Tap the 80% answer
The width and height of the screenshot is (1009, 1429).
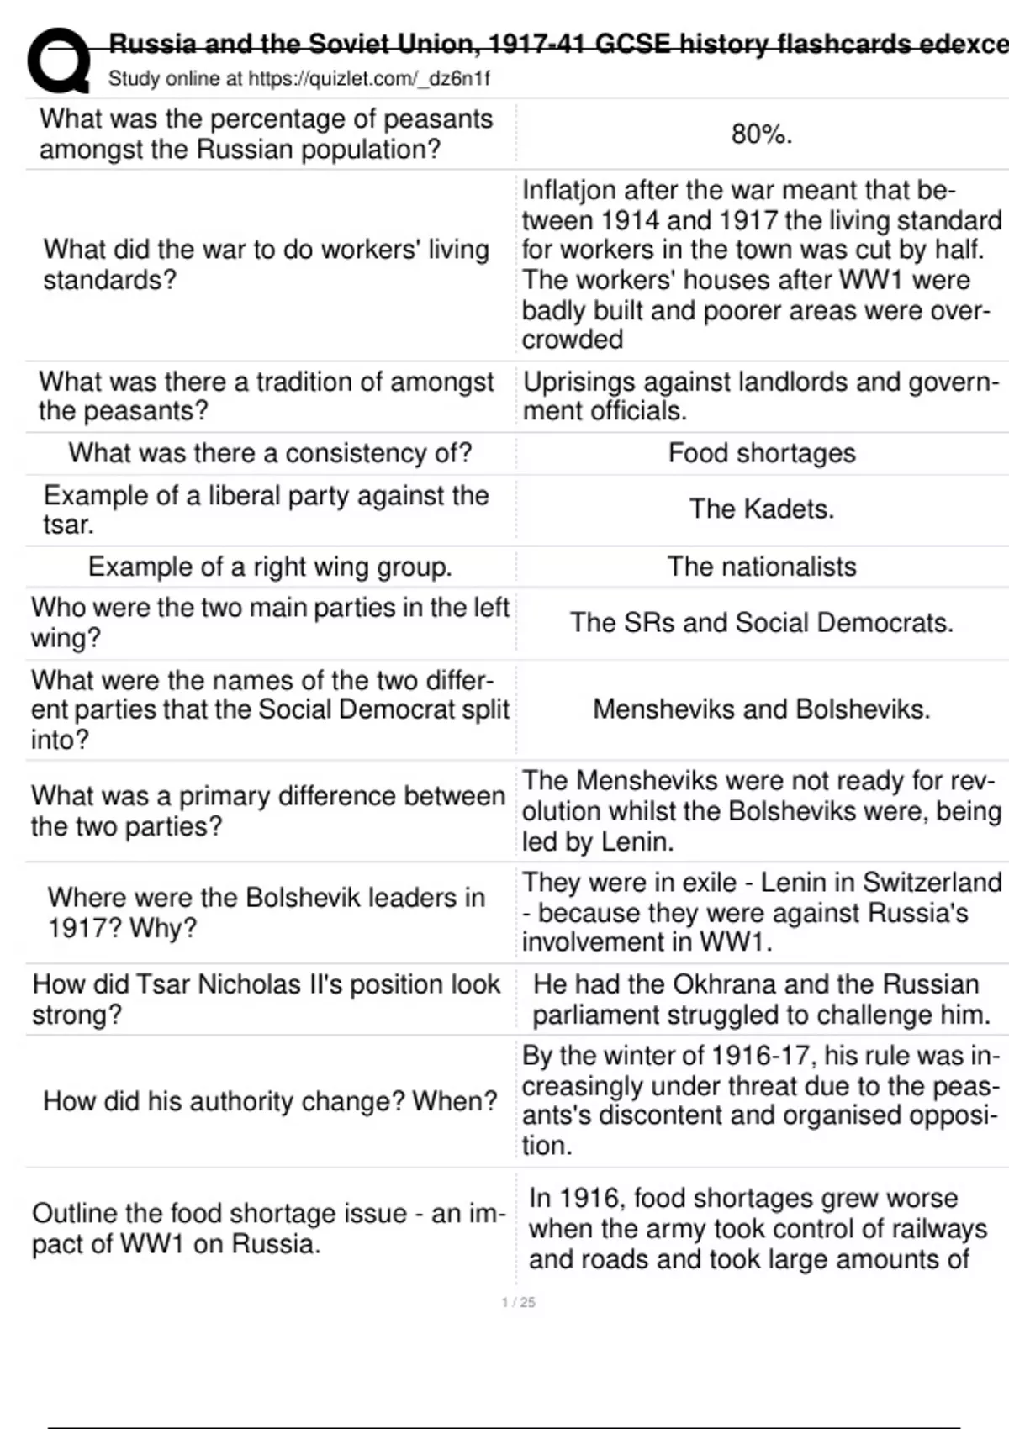click(761, 134)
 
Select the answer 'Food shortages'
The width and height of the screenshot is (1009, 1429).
click(761, 453)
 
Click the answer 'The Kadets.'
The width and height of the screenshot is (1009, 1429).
click(761, 509)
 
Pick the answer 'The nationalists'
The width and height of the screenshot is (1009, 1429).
click(761, 567)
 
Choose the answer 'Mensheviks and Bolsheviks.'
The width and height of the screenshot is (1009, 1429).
click(761, 709)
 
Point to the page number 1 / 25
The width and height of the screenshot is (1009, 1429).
click(518, 1302)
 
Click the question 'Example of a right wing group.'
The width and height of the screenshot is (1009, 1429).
click(270, 567)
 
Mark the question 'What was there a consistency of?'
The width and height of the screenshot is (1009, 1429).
click(270, 453)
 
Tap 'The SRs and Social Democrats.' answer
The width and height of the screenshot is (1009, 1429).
click(761, 623)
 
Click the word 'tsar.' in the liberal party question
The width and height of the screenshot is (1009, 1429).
click(68, 525)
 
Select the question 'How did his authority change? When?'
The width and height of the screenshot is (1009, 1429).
click(270, 1101)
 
